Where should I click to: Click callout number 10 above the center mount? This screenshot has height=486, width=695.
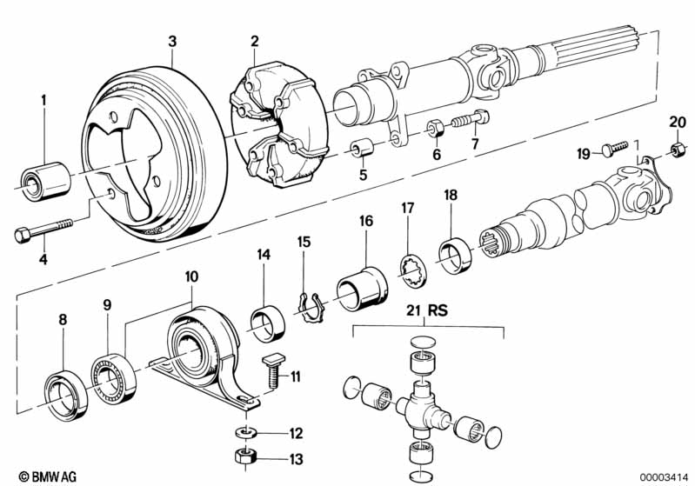190,276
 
